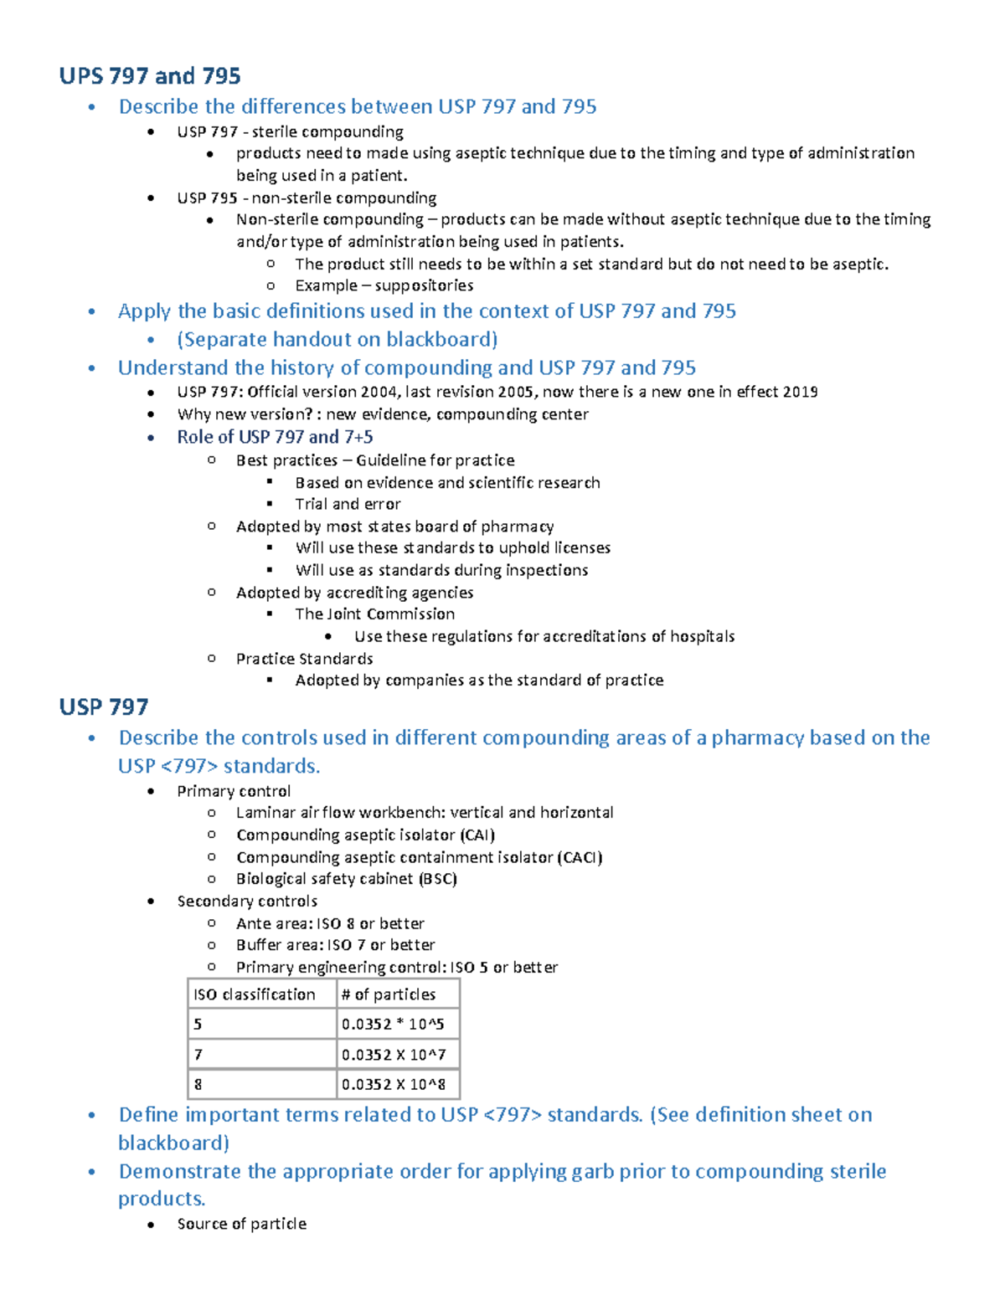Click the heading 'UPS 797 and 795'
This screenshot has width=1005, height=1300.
150,76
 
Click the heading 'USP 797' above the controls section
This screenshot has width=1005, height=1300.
104,707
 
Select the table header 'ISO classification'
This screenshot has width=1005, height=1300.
254,994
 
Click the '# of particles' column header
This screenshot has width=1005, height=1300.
389,994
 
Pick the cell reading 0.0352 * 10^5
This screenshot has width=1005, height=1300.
393,1025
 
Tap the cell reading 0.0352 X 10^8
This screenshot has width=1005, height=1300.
393,1085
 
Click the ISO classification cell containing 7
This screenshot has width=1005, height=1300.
198,1055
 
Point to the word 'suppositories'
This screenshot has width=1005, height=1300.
424,285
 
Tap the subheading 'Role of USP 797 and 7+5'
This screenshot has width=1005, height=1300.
275,437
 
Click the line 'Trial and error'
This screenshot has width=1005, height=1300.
348,504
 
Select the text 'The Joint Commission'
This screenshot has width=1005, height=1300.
374,614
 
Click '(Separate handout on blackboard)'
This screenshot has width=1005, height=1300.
337,339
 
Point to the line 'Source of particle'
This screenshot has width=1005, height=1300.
241,1224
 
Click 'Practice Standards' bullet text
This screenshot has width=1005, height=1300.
304,659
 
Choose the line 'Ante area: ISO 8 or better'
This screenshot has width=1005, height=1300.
330,923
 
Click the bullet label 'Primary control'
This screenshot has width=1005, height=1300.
234,791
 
